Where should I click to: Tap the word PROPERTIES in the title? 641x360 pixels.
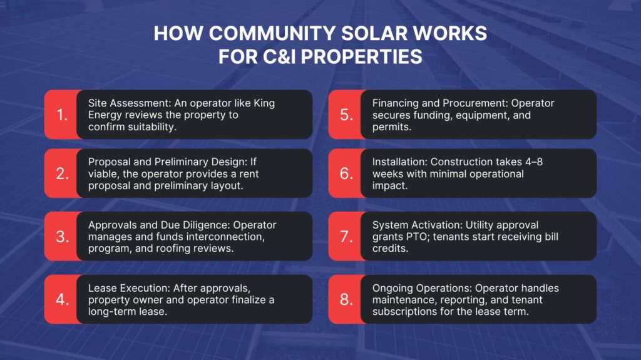(351, 57)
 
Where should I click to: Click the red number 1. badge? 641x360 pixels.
(61, 115)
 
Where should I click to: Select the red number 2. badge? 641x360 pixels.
(61, 173)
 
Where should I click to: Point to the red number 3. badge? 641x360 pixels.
(61, 236)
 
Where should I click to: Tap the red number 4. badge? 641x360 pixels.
(61, 299)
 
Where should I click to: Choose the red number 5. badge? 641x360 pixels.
(346, 115)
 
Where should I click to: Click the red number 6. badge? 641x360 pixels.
(346, 173)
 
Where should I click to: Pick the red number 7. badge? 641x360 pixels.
(346, 236)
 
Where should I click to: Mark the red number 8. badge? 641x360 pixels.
(346, 299)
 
